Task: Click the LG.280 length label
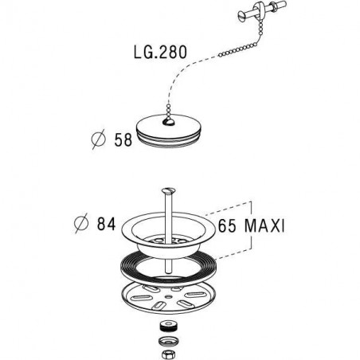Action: pyautogui.click(x=160, y=52)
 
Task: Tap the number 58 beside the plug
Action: pyautogui.click(x=123, y=140)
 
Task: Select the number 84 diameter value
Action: pyautogui.click(x=106, y=224)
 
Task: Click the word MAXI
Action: pyautogui.click(x=264, y=226)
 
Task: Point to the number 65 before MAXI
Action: pyautogui.click(x=227, y=226)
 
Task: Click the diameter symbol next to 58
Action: pyautogui.click(x=98, y=139)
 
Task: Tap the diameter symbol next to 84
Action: pyautogui.click(x=81, y=223)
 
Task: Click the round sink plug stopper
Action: pyautogui.click(x=169, y=130)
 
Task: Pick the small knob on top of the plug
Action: pyautogui.click(x=168, y=122)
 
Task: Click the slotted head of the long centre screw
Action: pyautogui.click(x=169, y=190)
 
